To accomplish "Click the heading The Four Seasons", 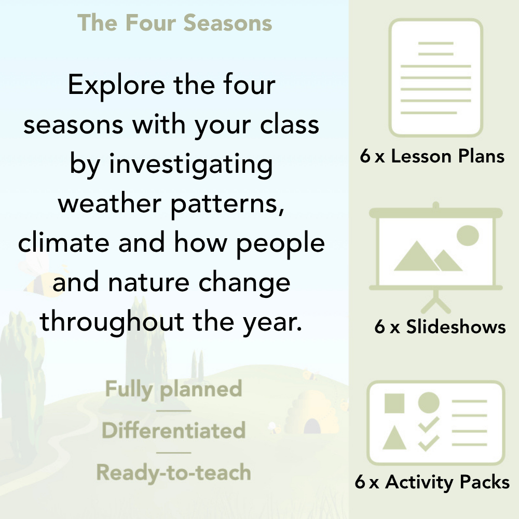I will pos(175,23).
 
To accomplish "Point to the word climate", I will pos(64,243).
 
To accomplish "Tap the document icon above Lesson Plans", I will pos(436,78).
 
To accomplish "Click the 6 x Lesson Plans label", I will pos(432,157).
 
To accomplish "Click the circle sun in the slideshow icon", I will pos(467,235).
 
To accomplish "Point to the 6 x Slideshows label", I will pos(440,327).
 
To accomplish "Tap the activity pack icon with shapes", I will pos(436,423).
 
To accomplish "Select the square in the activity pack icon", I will pos(394,403).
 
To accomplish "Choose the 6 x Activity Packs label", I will pos(432,483).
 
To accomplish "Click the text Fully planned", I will pos(173,389).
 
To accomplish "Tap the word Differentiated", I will pos(173,431).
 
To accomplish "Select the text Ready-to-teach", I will pos(173,473).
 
